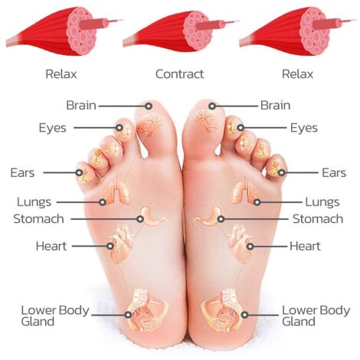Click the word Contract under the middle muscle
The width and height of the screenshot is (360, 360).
[179, 74]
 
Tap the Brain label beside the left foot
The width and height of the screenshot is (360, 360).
[81, 105]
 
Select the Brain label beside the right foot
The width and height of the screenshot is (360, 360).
[275, 105]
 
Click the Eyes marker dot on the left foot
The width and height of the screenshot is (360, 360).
[119, 128]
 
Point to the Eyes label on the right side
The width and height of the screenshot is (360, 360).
[304, 128]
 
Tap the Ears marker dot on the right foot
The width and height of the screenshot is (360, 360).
[281, 172]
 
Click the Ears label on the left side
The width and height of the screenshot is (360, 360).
[22, 173]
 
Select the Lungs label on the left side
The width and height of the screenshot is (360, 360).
[34, 202]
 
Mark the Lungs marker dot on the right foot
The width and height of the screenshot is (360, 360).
[257, 202]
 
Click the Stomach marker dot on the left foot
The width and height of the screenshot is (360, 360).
[140, 219]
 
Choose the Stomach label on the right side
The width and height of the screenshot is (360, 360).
[318, 219]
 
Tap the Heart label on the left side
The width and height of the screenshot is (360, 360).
[51, 246]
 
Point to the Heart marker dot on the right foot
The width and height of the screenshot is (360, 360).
[250, 247]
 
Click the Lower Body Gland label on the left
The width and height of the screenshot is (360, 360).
[55, 316]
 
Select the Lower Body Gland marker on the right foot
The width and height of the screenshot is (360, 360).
[244, 315]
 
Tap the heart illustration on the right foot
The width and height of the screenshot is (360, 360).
[240, 244]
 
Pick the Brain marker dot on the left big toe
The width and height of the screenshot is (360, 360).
[149, 106]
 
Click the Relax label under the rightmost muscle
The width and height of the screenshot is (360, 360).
[297, 74]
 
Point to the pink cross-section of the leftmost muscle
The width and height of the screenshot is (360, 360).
[81, 31]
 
